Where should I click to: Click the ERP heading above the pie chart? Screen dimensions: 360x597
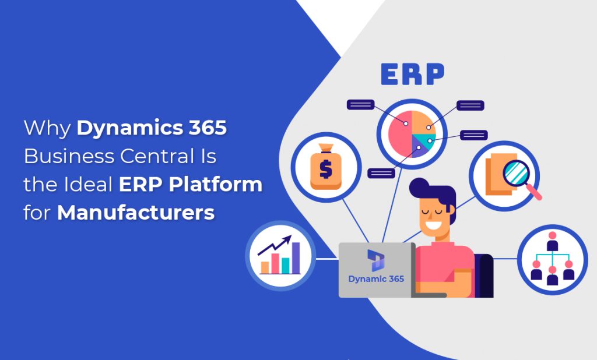tap(412, 74)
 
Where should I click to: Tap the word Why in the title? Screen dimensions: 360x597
tap(47, 128)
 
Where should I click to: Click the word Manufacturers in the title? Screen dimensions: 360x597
tap(136, 213)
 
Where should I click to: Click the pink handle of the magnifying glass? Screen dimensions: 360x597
tap(535, 194)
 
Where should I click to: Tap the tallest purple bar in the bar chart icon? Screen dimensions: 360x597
tap(296, 257)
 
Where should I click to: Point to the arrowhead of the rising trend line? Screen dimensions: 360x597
tap(289, 239)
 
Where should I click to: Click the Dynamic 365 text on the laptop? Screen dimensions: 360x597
tap(376, 278)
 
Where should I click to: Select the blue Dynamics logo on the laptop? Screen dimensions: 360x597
tap(375, 260)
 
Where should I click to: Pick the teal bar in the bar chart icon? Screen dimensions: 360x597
tap(286, 266)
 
